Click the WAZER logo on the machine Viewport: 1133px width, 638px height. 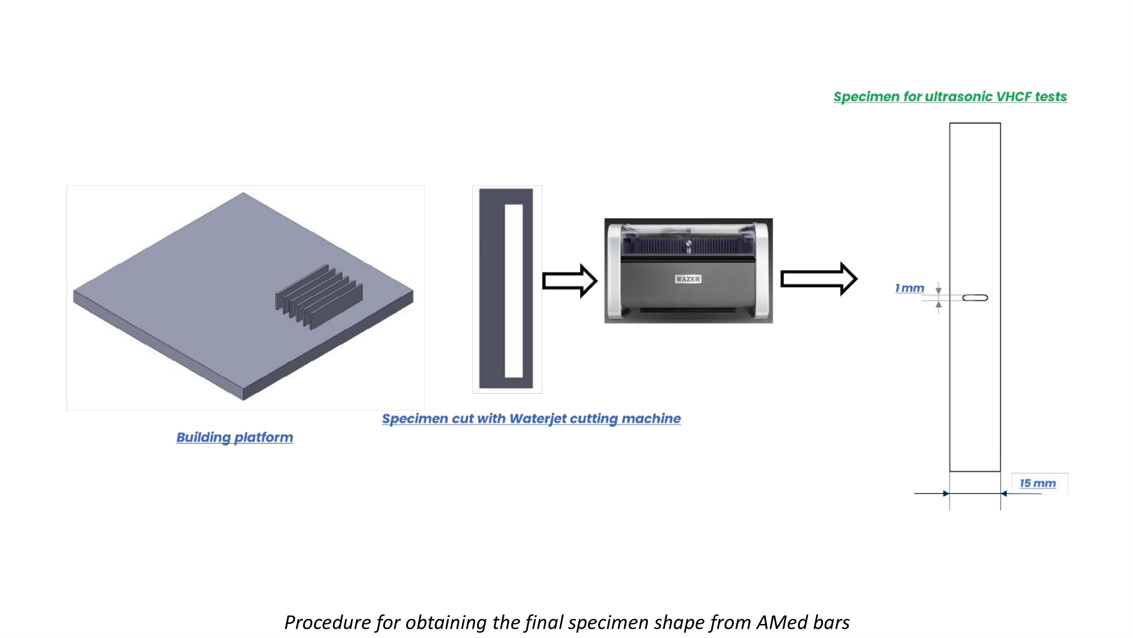pyautogui.click(x=688, y=279)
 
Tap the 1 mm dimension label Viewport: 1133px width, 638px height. pyautogui.click(x=910, y=288)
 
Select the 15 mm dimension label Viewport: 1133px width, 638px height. pyautogui.click(x=1038, y=483)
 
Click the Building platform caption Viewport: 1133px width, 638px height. pyautogui.click(x=235, y=437)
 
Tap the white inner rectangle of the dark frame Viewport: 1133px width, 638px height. pyautogui.click(x=513, y=291)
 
